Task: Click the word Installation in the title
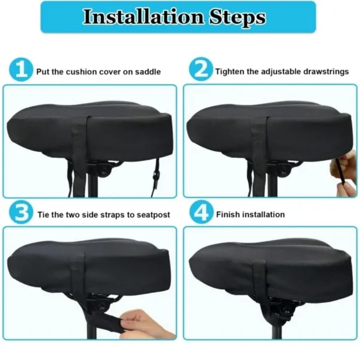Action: click(x=137, y=17)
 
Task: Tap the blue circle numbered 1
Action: click(x=21, y=71)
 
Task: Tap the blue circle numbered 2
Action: click(x=200, y=71)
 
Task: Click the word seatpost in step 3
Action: click(x=155, y=214)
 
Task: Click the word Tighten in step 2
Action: click(x=230, y=71)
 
